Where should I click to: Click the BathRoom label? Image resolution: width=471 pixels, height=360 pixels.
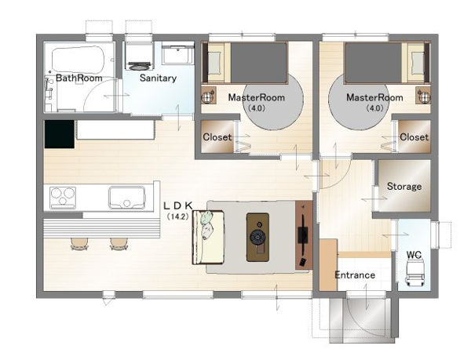[x=79, y=78]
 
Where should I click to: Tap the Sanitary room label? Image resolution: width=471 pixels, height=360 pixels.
[x=158, y=78]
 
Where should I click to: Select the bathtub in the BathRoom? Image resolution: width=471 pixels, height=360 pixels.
[x=78, y=59]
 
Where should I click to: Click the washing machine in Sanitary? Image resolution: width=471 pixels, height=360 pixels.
[x=139, y=56]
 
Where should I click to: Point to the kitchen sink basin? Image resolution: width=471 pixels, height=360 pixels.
[x=126, y=197]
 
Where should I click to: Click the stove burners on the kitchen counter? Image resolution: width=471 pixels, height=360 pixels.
[x=63, y=198]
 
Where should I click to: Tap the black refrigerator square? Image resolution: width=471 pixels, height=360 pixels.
[x=60, y=134]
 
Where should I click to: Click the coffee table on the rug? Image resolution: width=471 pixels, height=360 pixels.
[x=257, y=238]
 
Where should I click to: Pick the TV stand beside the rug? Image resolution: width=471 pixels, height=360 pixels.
[x=304, y=235]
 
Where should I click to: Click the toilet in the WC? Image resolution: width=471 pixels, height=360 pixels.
[x=414, y=272]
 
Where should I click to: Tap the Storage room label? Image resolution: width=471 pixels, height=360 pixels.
[x=404, y=187]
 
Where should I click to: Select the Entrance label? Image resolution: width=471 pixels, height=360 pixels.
[x=355, y=275]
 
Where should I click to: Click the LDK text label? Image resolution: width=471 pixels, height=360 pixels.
[x=177, y=205]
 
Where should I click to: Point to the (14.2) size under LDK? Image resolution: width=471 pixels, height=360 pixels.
[x=177, y=216]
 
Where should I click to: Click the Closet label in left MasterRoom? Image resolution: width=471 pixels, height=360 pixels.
[x=217, y=137]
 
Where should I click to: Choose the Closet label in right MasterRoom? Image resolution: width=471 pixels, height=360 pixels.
[x=414, y=137]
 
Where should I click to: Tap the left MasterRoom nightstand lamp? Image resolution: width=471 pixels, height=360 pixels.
[x=209, y=96]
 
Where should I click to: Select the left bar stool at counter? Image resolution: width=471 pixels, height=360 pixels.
[x=79, y=244]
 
